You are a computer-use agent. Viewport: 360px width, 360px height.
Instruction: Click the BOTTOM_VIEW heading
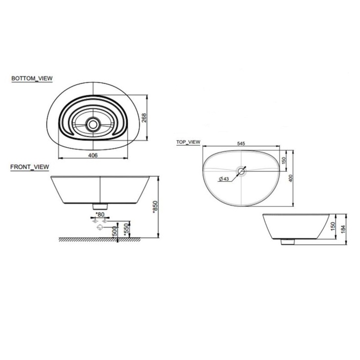pyautogui.click(x=32, y=78)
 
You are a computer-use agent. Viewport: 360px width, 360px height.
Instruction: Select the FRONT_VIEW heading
pyautogui.click(x=30, y=167)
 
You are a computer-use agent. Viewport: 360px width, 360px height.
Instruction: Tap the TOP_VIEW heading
pyautogui.click(x=188, y=142)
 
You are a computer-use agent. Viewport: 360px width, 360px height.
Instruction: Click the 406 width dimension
pyautogui.click(x=93, y=155)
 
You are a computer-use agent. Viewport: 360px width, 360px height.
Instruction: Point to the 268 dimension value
pyautogui.click(x=144, y=118)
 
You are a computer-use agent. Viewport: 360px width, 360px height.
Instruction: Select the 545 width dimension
pyautogui.click(x=241, y=144)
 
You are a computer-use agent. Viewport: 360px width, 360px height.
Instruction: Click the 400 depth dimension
pyautogui.click(x=291, y=178)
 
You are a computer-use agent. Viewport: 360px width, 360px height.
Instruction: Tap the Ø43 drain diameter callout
pyautogui.click(x=224, y=179)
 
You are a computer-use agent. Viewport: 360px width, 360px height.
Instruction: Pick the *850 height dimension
pyautogui.click(x=155, y=207)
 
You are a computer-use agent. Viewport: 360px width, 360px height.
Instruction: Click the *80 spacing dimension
pyautogui.click(x=100, y=215)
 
